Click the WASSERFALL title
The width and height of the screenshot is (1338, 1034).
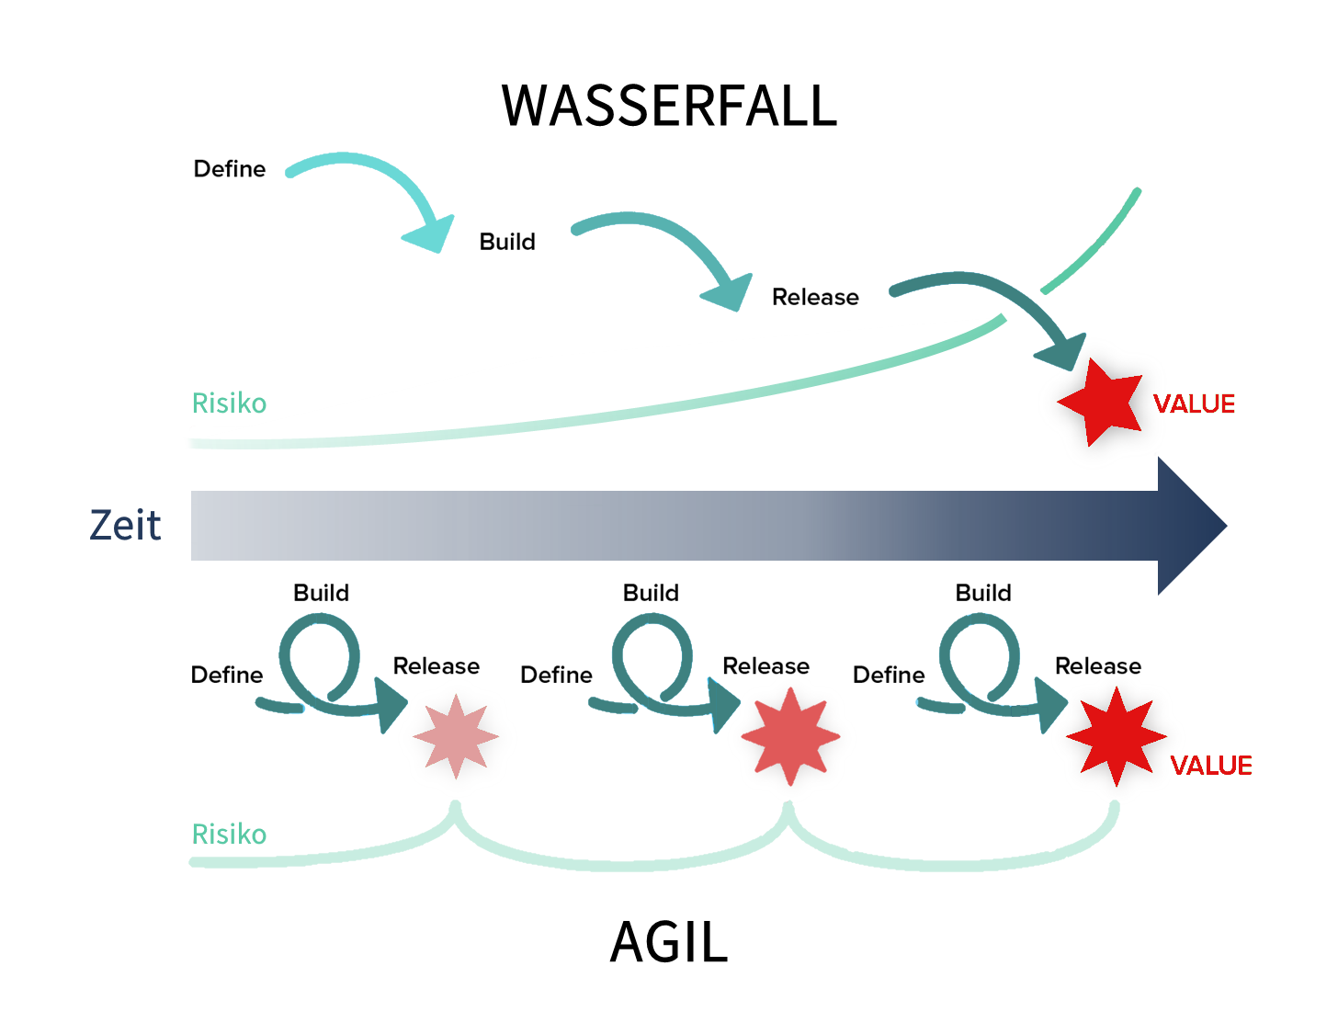coord(669,106)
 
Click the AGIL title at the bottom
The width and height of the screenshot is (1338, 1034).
coord(669,941)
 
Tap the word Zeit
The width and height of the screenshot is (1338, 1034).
coord(125,525)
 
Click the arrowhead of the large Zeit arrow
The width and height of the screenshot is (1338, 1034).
coord(1192,526)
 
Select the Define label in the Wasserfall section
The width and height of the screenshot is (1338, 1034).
coord(229,169)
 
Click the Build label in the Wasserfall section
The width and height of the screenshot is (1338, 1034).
coord(506,242)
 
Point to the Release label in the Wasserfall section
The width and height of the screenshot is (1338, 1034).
coord(814,297)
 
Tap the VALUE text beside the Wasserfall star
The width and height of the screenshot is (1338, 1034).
coord(1194,404)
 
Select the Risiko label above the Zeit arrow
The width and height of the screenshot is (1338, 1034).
coord(229,403)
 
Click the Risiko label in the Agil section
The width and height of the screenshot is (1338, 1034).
coord(229,835)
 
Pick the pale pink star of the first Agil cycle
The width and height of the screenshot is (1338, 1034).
coord(456,736)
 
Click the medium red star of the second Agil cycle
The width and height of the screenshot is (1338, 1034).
coord(790,736)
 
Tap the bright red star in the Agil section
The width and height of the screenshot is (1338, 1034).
coord(1116,736)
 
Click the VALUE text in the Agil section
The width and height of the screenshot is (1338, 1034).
coord(1210,766)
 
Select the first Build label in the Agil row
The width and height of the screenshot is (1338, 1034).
coord(321,593)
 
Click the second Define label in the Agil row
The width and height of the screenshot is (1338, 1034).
coord(556,675)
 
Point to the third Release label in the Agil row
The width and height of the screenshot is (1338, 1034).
coord(1098,665)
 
